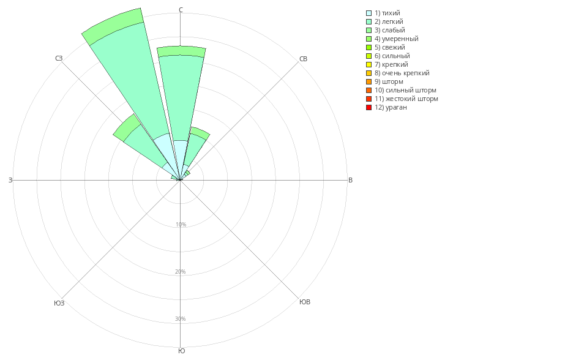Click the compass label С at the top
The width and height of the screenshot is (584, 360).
[181, 10]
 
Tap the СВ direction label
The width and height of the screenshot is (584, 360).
[303, 59]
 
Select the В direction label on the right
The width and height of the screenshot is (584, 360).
[350, 180]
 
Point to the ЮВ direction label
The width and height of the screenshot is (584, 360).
[304, 302]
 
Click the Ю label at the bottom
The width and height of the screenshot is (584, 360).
[181, 351]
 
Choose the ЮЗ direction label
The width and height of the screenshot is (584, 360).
[59, 303]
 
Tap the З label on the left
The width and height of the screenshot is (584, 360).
[10, 180]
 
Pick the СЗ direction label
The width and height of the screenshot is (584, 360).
[59, 58]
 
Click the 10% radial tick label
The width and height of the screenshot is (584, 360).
[181, 225]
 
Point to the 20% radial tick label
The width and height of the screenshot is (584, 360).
[181, 272]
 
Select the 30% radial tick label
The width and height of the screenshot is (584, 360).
[181, 319]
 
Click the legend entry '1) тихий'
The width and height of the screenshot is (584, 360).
[387, 13]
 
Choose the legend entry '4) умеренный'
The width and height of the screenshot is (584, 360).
[396, 39]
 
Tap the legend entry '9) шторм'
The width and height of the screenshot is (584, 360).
[389, 81]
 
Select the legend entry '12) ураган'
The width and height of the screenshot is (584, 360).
[391, 107]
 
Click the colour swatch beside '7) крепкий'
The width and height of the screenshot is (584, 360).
[369, 64]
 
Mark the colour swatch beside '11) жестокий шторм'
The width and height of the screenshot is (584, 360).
[369, 99]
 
